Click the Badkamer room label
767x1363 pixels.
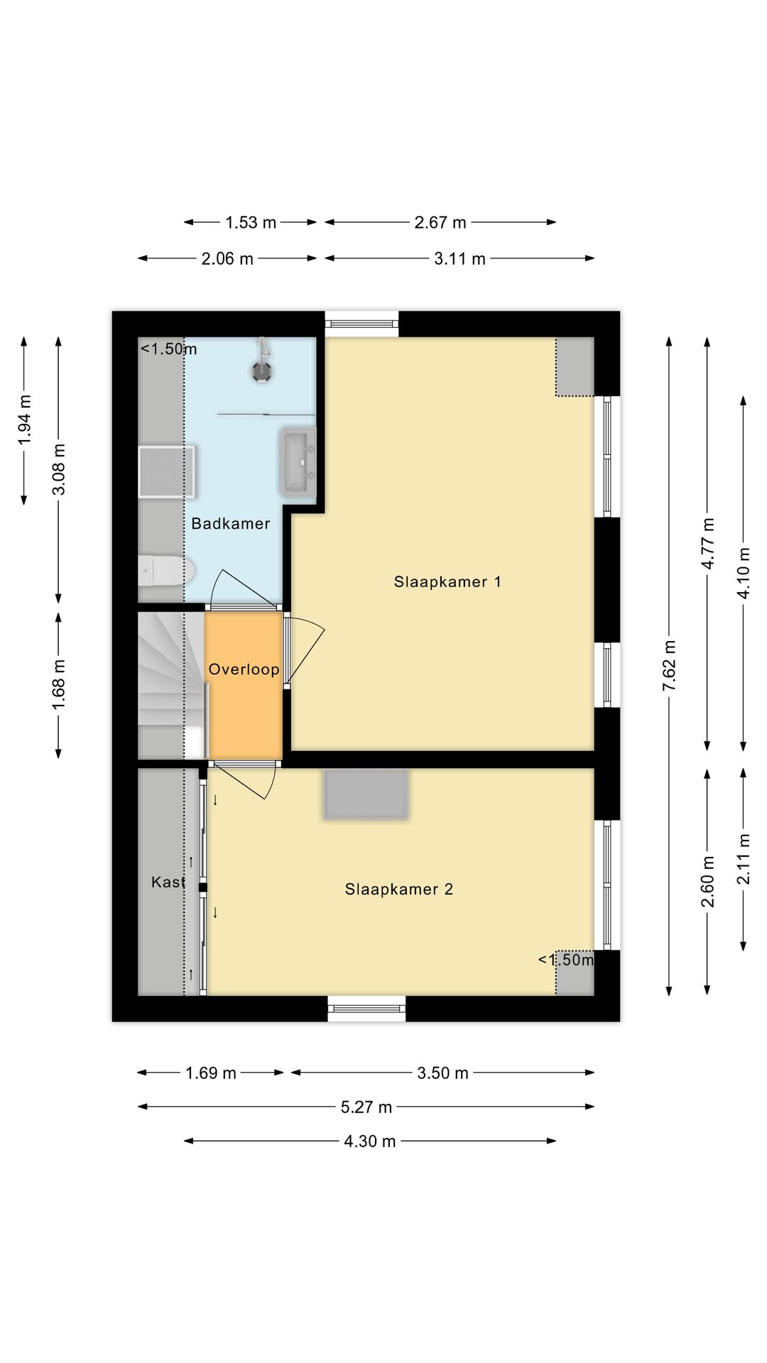(x=231, y=524)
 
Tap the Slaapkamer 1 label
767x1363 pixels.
(x=447, y=582)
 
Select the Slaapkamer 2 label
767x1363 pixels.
(x=399, y=889)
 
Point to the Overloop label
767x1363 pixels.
(x=244, y=669)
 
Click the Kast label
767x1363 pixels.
(x=168, y=882)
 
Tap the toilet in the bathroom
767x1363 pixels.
(x=167, y=571)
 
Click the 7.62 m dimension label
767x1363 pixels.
(x=669, y=665)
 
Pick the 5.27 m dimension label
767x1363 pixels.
(x=366, y=1107)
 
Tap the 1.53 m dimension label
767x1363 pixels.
(x=251, y=222)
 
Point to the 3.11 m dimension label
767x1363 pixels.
(x=460, y=258)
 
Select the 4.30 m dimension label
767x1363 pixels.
(x=370, y=1141)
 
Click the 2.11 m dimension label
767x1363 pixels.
(x=744, y=860)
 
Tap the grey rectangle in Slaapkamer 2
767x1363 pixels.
(x=366, y=794)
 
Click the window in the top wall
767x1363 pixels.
(x=361, y=324)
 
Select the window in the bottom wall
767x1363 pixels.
(x=366, y=1009)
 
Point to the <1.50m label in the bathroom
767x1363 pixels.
(x=169, y=349)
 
